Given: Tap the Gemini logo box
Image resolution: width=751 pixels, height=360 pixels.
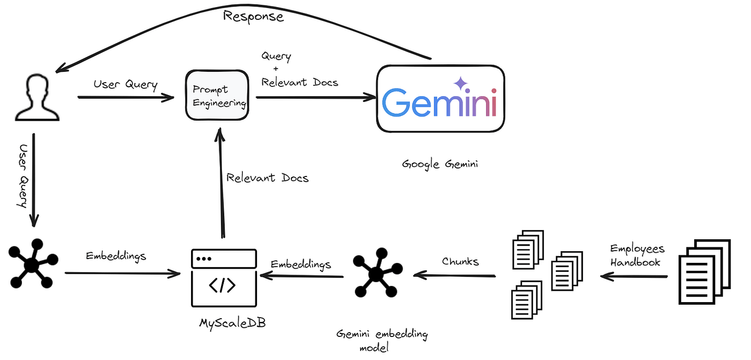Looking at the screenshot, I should [440, 99].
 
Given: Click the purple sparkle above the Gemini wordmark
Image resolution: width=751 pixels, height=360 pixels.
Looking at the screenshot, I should [461, 83].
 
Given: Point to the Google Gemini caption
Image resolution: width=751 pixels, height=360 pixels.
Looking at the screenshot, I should [440, 164].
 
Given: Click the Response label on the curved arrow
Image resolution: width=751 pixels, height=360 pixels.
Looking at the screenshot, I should [253, 16].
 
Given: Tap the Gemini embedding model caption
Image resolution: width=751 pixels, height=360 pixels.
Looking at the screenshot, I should [382, 340].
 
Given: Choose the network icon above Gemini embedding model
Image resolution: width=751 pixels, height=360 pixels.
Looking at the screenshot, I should [378, 273].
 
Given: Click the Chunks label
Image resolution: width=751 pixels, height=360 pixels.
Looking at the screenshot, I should [460, 261].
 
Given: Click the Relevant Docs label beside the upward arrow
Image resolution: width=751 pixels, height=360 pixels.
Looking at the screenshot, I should [267, 178].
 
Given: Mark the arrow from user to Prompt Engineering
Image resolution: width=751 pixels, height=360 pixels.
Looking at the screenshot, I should [126, 97].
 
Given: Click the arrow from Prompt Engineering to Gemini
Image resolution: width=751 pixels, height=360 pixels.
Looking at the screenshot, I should [316, 97].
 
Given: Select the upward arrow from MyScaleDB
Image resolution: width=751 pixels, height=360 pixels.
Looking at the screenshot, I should [220, 182].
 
